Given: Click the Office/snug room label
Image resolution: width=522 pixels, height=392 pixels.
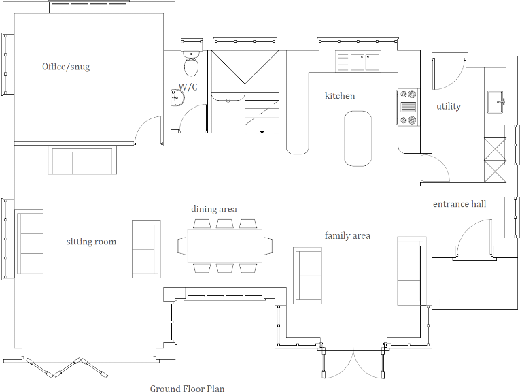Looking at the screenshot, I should [66, 67].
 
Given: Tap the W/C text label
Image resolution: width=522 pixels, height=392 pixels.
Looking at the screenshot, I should [188, 87].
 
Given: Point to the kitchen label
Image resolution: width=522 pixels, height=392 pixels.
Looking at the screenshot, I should [339, 96].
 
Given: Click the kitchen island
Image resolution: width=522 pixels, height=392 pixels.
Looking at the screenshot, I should [358, 139].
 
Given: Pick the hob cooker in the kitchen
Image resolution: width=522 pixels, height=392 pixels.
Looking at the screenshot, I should [408, 108].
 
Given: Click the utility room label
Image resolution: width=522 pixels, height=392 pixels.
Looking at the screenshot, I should [449, 106].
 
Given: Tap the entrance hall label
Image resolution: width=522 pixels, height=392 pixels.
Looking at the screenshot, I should [459, 204].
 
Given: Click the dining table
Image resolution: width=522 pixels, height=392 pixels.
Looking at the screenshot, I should [225, 246].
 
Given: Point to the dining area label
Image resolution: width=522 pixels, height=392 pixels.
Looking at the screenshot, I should [213, 209].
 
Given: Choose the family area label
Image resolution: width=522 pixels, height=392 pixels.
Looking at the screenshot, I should [347, 236].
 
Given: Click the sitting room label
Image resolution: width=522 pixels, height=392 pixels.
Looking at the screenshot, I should [91, 242].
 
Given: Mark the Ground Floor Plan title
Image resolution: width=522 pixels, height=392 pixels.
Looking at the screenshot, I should [187, 389].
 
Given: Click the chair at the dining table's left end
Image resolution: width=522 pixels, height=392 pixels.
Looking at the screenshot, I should [182, 245].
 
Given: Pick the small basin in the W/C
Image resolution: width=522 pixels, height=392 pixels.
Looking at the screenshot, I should [179, 99].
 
